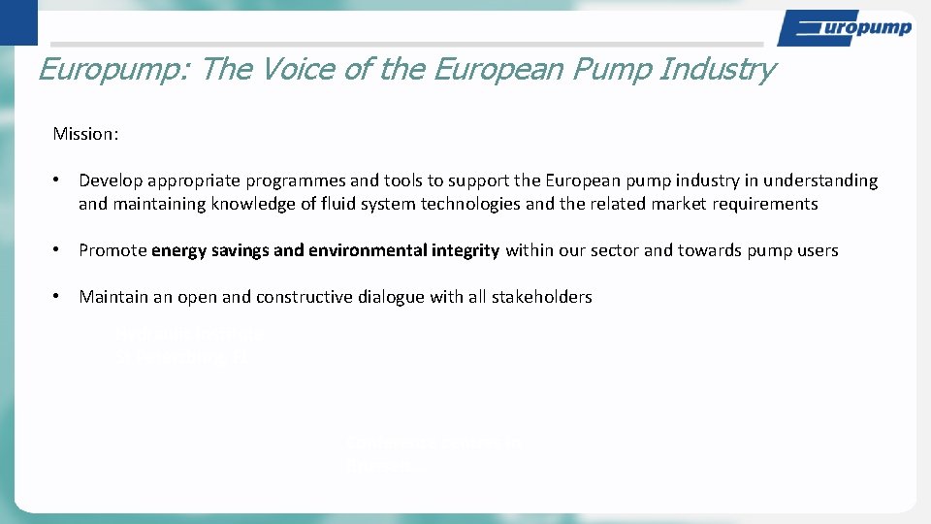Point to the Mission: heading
tap(85, 134)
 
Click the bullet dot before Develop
tap(58, 180)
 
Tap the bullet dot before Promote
tap(58, 250)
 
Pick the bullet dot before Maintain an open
tap(58, 297)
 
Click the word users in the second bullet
tap(817, 250)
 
